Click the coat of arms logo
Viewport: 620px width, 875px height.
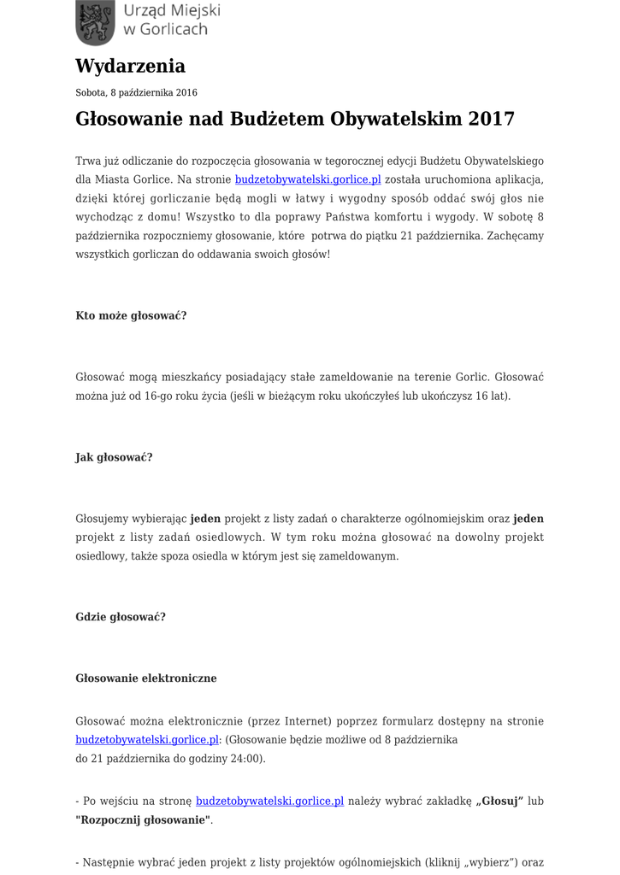tap(95, 22)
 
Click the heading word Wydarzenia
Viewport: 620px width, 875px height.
tap(130, 66)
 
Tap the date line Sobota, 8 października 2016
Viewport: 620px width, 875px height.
tap(136, 92)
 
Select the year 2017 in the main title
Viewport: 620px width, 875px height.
tap(492, 119)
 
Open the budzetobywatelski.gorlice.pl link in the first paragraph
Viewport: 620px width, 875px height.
tap(308, 179)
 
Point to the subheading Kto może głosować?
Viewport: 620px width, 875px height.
tap(131, 315)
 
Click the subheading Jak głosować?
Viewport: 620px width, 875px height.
tap(114, 457)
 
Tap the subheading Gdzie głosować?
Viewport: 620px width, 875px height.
tap(121, 616)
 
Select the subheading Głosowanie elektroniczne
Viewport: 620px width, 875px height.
tap(146, 678)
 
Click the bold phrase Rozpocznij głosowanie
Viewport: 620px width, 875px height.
tap(143, 819)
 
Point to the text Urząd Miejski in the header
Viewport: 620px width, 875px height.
tap(172, 11)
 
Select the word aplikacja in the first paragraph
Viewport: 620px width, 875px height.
tap(514, 179)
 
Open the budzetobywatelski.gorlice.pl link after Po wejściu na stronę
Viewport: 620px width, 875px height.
tap(269, 802)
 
